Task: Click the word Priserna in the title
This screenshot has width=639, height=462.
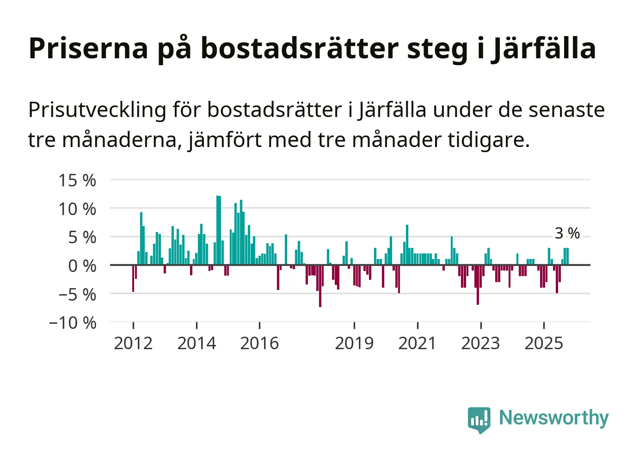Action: (x=88, y=48)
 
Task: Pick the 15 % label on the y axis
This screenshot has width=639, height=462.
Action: (x=77, y=180)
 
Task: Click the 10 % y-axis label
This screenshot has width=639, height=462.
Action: (x=77, y=209)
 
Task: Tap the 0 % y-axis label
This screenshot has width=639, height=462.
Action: (x=82, y=266)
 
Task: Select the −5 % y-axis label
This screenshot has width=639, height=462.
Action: (x=77, y=295)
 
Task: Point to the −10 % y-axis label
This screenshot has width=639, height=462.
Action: (x=73, y=323)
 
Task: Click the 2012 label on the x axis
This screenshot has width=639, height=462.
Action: (x=133, y=344)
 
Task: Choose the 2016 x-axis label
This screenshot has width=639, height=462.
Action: (x=259, y=344)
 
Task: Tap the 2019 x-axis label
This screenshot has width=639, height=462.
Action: (x=354, y=344)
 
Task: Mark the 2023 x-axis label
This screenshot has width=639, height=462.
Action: (x=480, y=344)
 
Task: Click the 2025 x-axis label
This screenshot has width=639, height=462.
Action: (x=544, y=344)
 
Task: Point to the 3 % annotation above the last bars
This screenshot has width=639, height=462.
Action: (x=567, y=233)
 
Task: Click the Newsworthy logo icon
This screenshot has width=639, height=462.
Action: (x=479, y=419)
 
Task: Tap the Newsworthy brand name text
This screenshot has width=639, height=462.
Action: (x=553, y=418)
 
